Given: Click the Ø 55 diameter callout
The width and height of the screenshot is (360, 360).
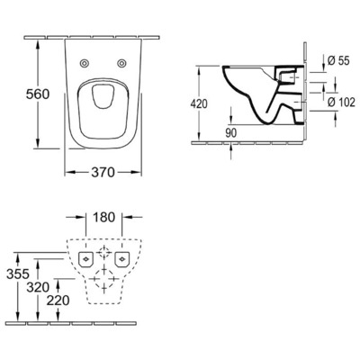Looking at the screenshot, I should pos(337,59).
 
